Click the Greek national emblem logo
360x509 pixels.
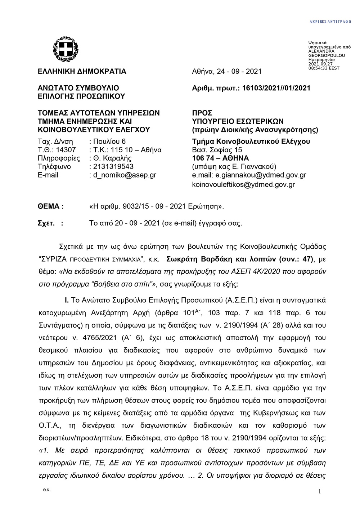[66, 50]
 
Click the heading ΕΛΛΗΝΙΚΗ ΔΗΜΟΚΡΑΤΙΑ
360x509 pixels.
[82, 71]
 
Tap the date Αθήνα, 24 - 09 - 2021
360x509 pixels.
[227, 71]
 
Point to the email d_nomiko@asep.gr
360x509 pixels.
[125, 175]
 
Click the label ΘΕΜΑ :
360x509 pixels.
[51, 206]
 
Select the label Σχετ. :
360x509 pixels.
[50, 223]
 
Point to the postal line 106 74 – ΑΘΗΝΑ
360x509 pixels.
[221, 158]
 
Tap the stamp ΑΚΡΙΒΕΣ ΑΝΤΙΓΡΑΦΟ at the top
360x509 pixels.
[330, 22]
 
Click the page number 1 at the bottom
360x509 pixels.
[319, 492]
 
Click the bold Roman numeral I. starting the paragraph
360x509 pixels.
[66, 300]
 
